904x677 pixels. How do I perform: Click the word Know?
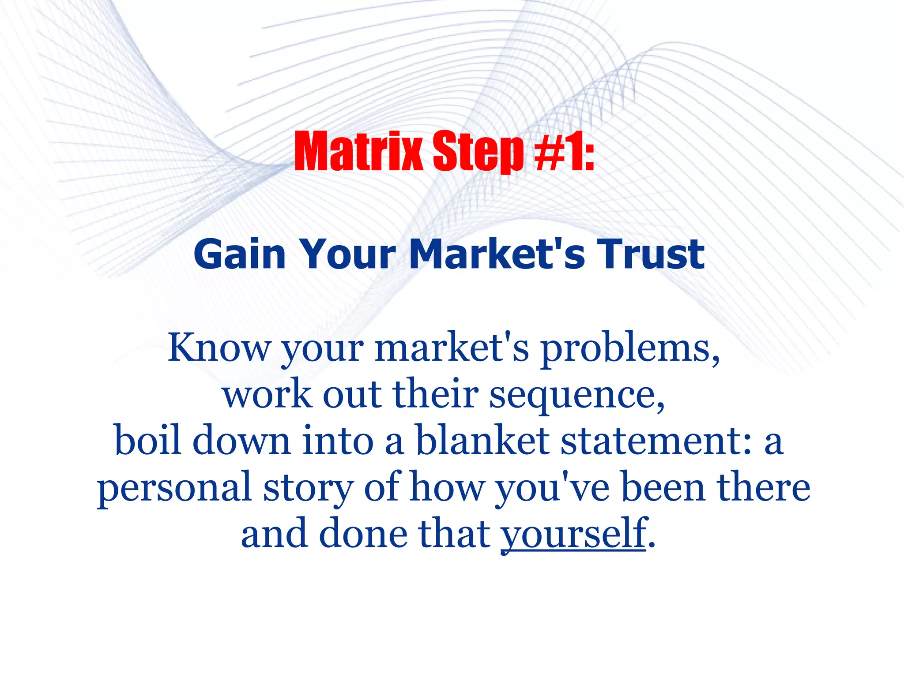[x=218, y=348]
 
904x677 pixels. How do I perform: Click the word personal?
[x=174, y=489]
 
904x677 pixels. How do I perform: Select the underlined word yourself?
[x=573, y=535]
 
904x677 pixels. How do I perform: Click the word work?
[x=267, y=393]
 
